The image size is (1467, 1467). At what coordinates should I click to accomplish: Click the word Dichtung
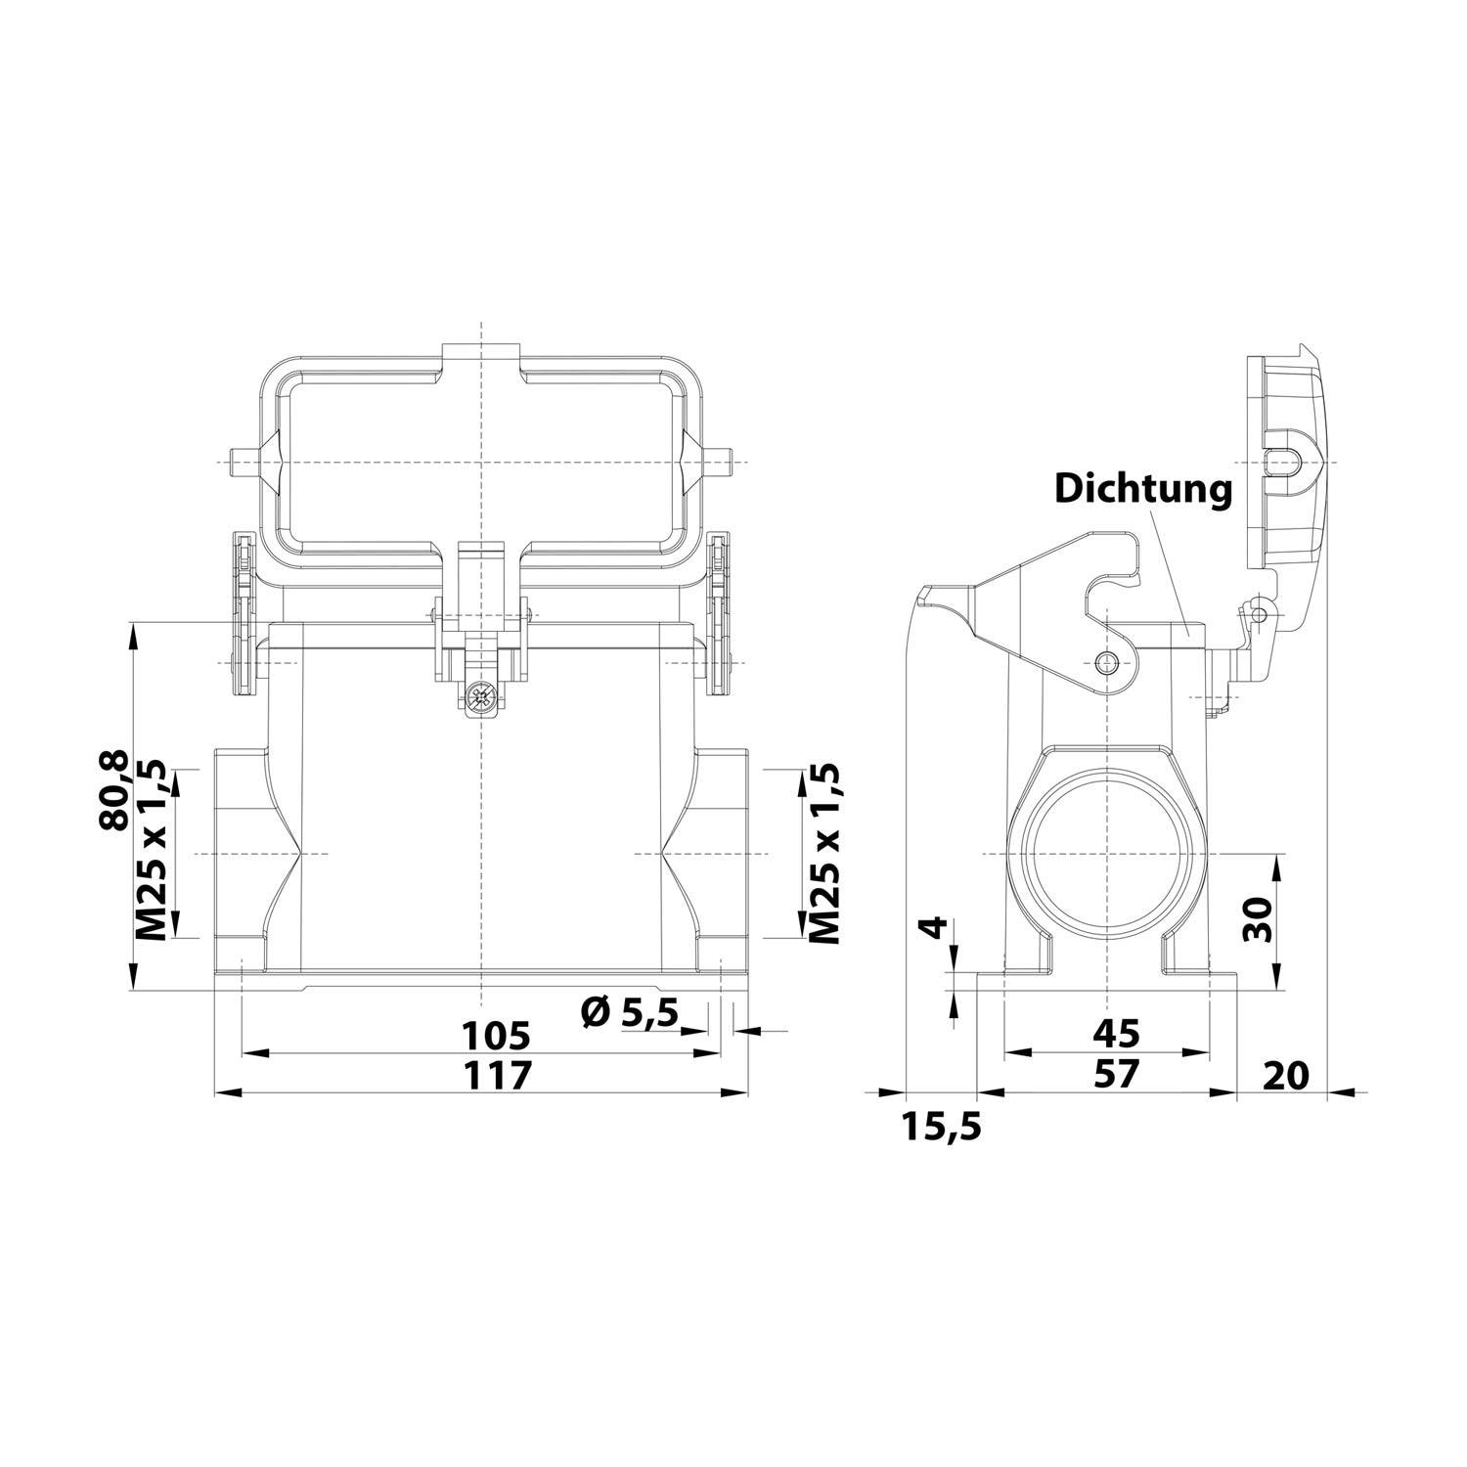click(1142, 488)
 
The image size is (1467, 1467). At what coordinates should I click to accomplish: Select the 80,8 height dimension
click(115, 790)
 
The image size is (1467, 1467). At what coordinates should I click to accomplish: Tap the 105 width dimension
click(496, 1034)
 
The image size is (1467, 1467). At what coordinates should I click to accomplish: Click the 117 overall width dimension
click(496, 1074)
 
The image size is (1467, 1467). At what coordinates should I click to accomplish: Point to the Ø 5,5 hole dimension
click(628, 1013)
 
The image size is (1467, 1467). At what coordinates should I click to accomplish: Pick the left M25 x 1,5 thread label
click(152, 851)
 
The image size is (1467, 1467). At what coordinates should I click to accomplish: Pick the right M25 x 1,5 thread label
click(824, 851)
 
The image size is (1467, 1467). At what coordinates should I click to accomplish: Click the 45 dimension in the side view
click(1116, 1033)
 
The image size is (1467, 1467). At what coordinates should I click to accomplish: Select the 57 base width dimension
click(1116, 1074)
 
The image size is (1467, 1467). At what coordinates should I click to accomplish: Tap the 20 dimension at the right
click(1285, 1075)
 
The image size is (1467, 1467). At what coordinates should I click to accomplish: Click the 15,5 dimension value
click(941, 1128)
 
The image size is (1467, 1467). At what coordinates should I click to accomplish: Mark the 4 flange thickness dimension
click(936, 926)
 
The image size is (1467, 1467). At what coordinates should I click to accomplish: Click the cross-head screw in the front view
click(479, 698)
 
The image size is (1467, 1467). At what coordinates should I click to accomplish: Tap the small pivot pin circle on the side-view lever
click(1106, 662)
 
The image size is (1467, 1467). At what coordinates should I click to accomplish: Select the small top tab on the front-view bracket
click(480, 356)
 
